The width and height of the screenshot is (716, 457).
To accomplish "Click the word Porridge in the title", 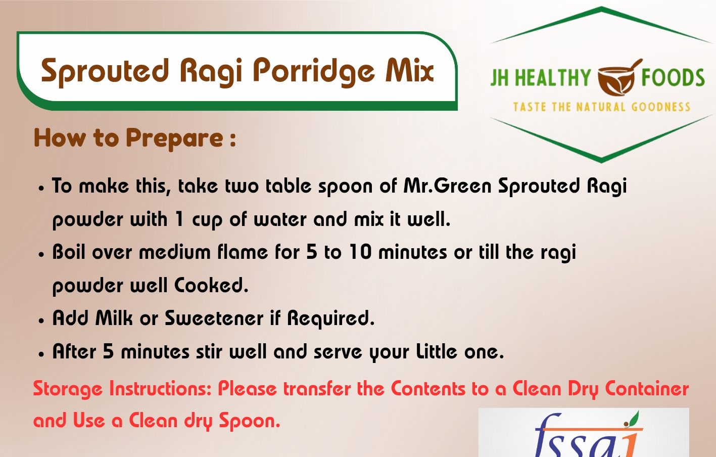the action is pos(314,72).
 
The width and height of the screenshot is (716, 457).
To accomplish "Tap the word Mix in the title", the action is pos(410,70).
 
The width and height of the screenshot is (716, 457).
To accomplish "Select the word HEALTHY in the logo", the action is pos(553,77).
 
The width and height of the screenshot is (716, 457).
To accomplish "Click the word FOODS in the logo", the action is pos(673,77).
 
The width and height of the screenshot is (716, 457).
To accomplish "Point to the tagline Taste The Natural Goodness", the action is pos(602,107).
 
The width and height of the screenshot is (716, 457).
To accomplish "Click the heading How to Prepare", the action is pos(134,138).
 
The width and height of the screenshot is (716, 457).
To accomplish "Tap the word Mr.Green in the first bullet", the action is pos(448,186).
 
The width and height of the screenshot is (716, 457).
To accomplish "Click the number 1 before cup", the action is pos(180,219).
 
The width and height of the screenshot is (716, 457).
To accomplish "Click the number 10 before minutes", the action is pos(361,252).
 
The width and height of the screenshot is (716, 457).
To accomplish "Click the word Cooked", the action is pos(211,285).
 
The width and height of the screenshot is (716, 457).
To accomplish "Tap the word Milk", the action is pos(114,318).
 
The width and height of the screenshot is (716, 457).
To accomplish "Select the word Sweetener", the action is pos(214,318).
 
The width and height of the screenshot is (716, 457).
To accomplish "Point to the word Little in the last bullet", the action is pos(437,351).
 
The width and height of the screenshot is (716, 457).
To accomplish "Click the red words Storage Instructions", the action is pos(122,389).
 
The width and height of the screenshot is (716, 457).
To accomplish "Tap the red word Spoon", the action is pos(250,421).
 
